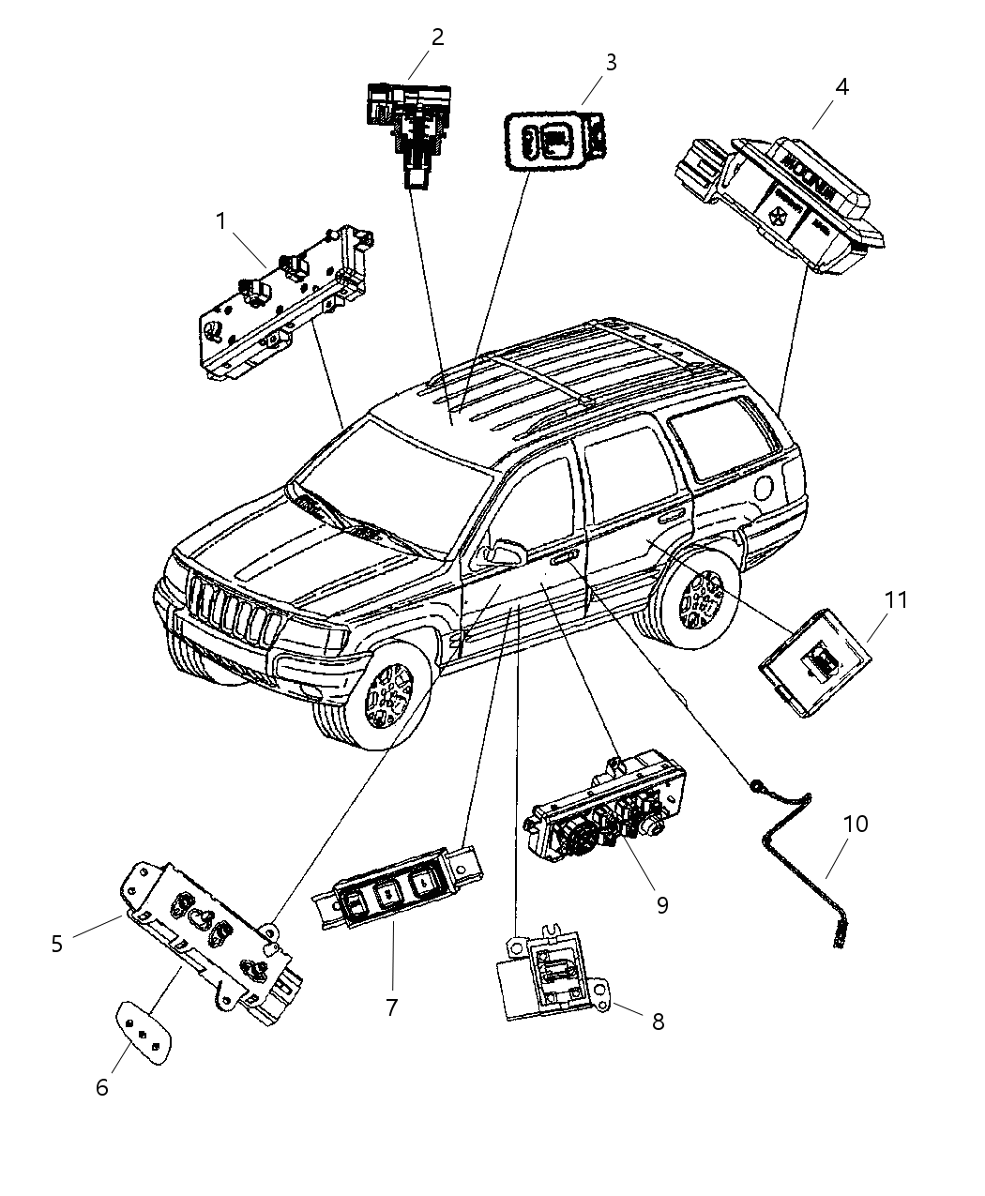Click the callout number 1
(x=220, y=221)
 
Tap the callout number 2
(x=437, y=38)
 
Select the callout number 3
(x=611, y=63)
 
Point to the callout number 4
(x=842, y=86)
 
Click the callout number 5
(x=57, y=943)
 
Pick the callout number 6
(x=102, y=1087)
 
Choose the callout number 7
(x=391, y=1007)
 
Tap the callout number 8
(x=658, y=1022)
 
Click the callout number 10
(x=855, y=824)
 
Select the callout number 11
(x=897, y=598)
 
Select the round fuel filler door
(x=765, y=488)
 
